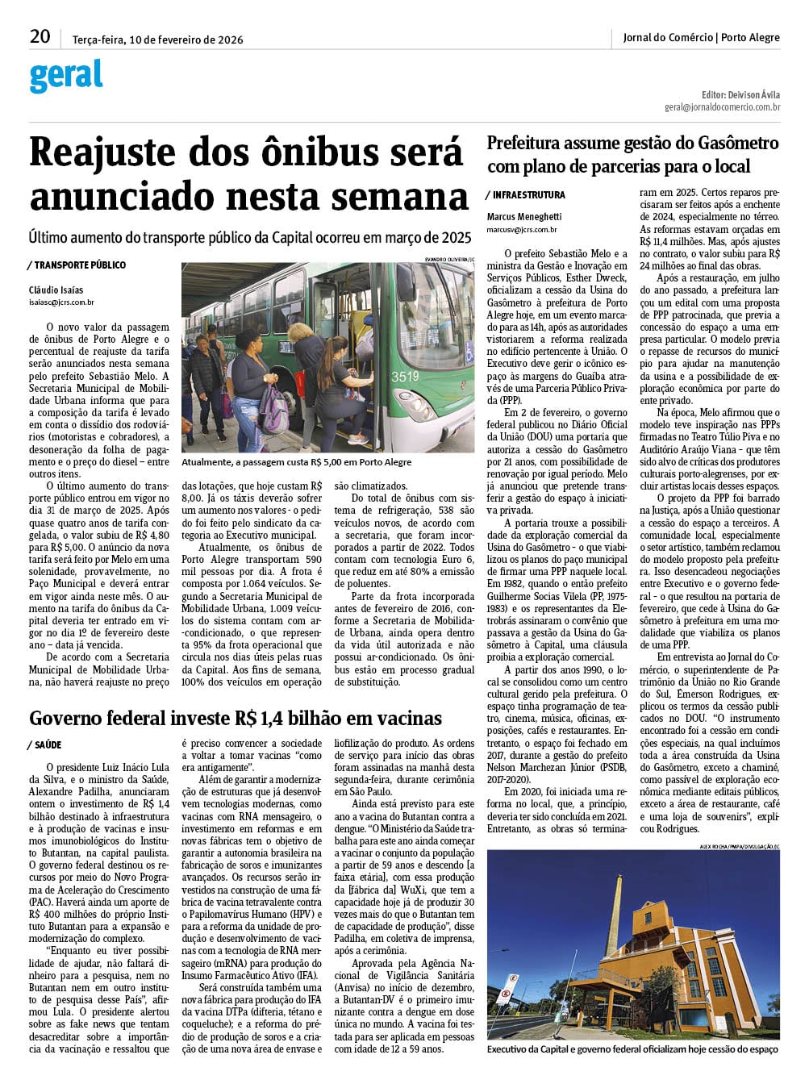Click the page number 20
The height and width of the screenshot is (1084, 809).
tap(40, 36)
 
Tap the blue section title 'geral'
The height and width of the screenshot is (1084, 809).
tap(66, 76)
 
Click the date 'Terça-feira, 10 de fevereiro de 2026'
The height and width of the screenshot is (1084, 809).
tap(158, 40)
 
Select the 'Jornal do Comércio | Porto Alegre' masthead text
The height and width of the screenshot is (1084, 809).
tap(701, 37)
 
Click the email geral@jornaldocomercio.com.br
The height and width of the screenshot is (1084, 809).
tap(722, 106)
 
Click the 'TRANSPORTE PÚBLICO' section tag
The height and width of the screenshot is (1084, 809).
tap(79, 265)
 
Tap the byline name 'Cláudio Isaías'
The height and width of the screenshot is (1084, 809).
tap(56, 290)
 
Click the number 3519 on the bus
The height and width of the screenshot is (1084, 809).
tap(405, 376)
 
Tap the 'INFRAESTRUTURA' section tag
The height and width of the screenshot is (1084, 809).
tap(528, 195)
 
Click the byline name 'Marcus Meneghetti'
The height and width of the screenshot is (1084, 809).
tap(524, 217)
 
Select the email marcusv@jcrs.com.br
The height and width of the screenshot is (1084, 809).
tap(522, 230)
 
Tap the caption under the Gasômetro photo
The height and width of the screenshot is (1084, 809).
tap(633, 1049)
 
